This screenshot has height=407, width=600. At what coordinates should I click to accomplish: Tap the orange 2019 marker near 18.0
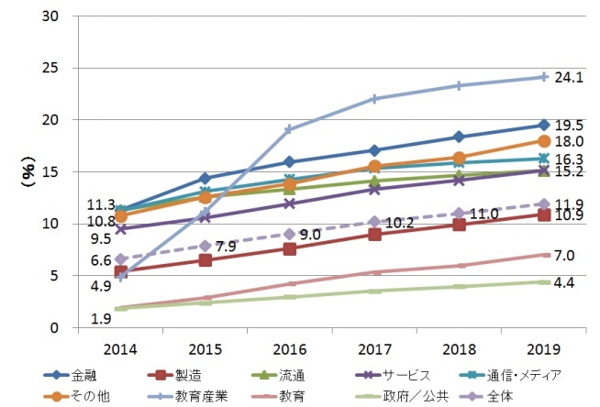click(544, 141)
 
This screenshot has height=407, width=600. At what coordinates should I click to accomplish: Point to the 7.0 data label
click(564, 255)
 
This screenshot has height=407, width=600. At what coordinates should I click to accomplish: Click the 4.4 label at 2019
click(564, 282)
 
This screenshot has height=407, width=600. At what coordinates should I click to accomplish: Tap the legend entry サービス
click(405, 375)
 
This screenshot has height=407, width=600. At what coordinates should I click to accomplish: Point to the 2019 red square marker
click(544, 214)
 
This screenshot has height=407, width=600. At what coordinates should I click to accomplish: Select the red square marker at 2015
click(205, 260)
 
